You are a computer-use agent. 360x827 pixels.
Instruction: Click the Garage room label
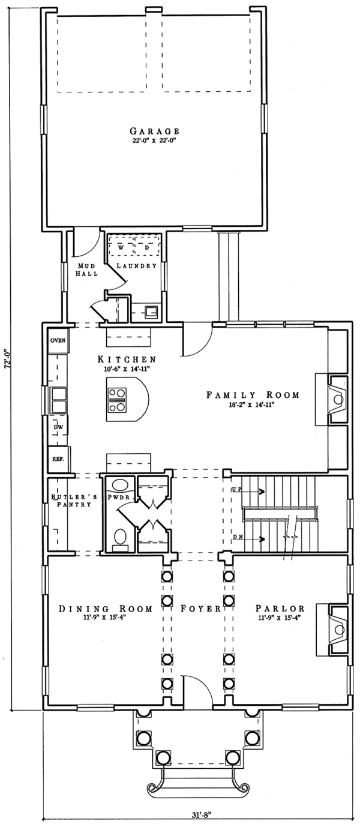155,131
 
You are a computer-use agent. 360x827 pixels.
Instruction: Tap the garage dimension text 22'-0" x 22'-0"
155,140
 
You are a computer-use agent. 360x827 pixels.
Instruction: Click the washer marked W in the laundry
121,247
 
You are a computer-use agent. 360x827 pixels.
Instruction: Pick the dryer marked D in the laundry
146,247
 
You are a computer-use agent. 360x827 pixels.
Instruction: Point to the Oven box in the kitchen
58,340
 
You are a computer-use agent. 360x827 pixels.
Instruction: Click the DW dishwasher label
58,427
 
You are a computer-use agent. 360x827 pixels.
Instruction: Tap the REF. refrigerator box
59,459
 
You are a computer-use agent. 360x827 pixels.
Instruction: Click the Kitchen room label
127,359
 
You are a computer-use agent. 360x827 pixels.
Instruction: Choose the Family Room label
253,395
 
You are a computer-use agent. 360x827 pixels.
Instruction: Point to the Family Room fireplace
332,398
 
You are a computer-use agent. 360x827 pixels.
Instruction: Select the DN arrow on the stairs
249,539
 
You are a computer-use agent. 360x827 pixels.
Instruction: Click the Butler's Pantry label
71,501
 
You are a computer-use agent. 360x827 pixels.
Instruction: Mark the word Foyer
200,609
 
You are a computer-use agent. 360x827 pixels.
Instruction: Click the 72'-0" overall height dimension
6,364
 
